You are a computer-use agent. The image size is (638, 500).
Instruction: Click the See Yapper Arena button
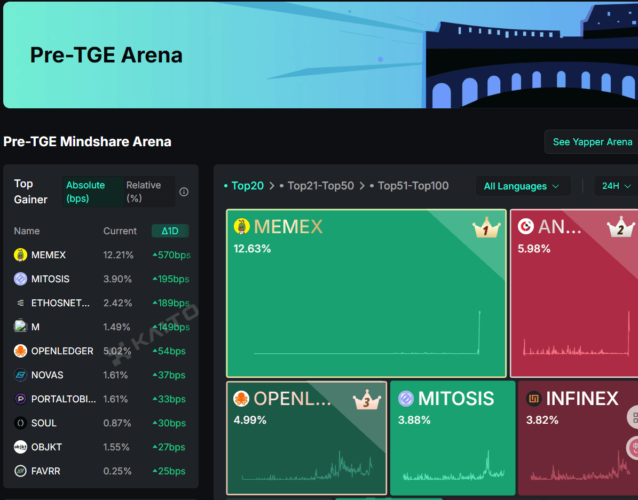(592, 142)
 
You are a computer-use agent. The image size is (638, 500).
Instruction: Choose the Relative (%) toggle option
(144, 192)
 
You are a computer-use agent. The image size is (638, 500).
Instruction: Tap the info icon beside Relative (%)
(184, 192)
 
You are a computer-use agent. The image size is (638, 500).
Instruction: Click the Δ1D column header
(170, 231)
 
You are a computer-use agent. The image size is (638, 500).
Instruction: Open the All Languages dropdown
(523, 186)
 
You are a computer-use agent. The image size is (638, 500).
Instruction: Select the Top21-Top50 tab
(320, 186)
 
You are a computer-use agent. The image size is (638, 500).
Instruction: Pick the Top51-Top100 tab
(413, 186)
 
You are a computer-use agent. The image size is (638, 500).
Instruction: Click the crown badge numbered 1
(486, 228)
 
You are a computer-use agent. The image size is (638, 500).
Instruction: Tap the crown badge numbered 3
(367, 400)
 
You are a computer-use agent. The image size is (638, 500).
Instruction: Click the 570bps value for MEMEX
(174, 255)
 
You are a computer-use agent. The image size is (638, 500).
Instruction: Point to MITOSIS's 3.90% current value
(118, 279)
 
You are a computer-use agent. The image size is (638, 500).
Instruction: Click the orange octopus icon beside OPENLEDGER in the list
(20, 351)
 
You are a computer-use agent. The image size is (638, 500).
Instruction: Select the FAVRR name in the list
(45, 471)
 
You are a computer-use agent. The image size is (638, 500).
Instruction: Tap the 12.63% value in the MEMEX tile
(252, 249)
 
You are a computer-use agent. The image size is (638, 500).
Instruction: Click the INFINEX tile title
(582, 399)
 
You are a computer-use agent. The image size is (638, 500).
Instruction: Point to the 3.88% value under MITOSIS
(414, 420)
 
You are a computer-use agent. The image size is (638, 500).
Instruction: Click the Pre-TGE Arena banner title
(106, 55)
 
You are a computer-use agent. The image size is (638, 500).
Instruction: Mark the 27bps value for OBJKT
(171, 447)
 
